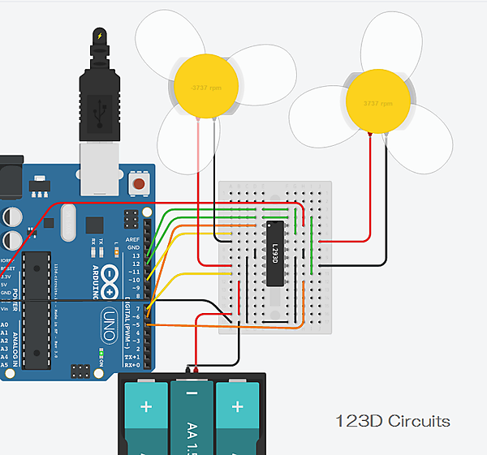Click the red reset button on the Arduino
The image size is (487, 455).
click(140, 184)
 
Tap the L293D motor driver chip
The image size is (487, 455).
click(276, 254)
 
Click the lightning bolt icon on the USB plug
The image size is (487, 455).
click(100, 36)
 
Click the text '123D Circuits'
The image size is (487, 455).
click(393, 421)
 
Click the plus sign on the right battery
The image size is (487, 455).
click(238, 406)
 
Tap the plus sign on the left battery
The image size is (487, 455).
click(146, 406)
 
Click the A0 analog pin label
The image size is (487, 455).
click(6, 323)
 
